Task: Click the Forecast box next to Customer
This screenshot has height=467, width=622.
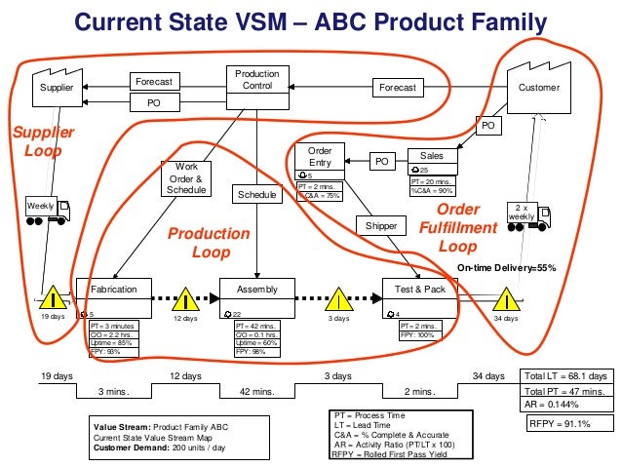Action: (x=397, y=88)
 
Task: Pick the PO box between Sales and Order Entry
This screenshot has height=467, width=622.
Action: (x=381, y=161)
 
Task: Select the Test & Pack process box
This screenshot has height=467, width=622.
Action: (x=419, y=290)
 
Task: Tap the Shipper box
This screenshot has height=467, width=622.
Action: (x=381, y=226)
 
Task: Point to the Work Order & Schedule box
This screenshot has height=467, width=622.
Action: (x=186, y=178)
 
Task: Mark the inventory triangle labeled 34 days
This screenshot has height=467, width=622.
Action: (x=506, y=295)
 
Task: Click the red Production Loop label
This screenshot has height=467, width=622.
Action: (x=209, y=244)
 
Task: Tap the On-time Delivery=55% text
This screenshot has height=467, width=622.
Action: (x=506, y=267)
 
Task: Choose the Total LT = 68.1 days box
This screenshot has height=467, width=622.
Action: (x=565, y=376)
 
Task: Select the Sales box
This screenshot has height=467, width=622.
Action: (x=431, y=156)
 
